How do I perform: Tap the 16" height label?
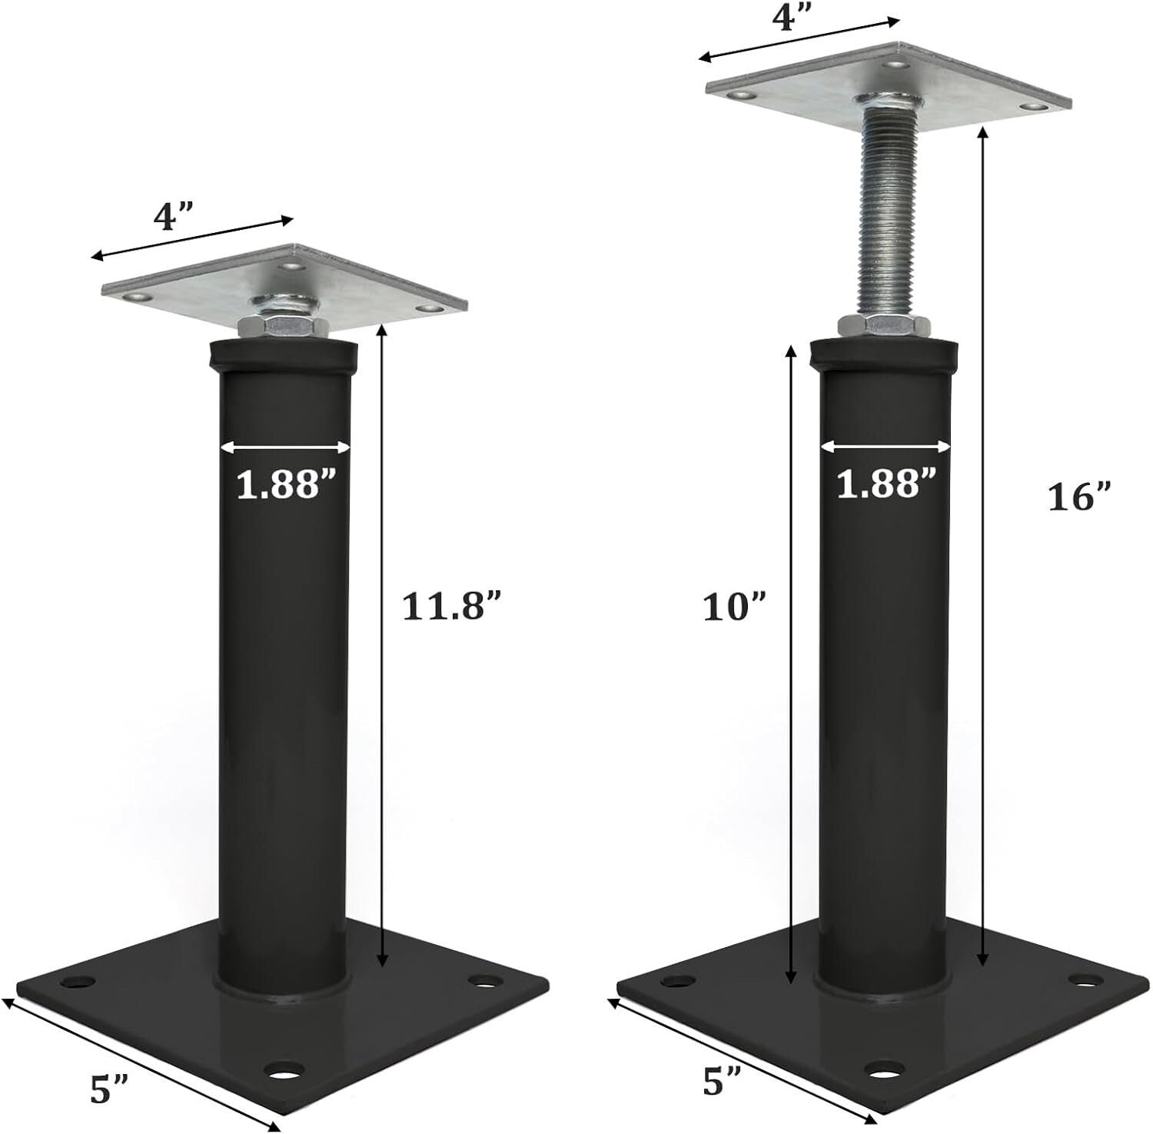pos(1081,498)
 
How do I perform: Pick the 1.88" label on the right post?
pos(886,484)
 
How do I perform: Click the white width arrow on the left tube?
pos(284,447)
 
